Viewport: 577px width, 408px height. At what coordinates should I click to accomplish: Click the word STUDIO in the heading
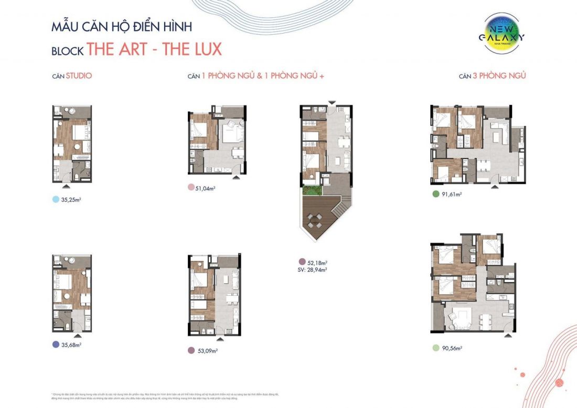point(80,76)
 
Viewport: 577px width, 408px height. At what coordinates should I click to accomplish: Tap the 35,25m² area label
point(72,200)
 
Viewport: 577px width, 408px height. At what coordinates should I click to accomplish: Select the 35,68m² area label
point(72,345)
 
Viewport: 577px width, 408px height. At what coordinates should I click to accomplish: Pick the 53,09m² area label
point(207,351)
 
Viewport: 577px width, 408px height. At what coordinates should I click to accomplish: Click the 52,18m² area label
point(317,262)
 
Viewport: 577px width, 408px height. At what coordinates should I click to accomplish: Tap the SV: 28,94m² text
point(312,270)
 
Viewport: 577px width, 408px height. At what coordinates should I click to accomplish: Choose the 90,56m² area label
point(452,348)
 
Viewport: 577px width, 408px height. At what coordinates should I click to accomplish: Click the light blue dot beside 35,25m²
point(56,200)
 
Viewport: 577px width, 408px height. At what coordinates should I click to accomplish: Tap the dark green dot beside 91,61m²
point(435,194)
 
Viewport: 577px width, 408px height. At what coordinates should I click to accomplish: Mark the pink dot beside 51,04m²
point(190,188)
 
